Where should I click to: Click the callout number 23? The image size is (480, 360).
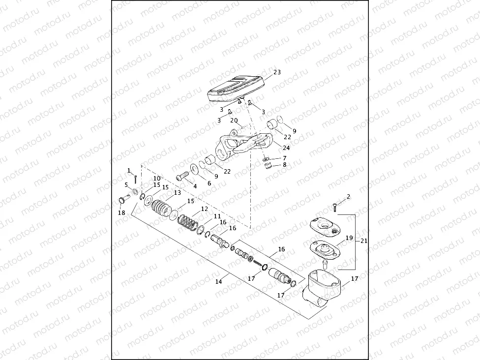coord(277,72)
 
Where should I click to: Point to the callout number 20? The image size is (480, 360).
coord(234,120)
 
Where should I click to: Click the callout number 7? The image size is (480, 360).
coord(284,157)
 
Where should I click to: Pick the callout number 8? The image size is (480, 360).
coord(284,165)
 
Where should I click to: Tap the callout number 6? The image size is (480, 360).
coord(209,182)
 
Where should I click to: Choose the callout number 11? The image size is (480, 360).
coord(217,216)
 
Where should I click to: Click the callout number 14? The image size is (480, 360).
coord(218,282)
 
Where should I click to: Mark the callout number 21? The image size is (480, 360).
coord(364,241)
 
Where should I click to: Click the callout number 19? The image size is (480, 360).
coord(349,238)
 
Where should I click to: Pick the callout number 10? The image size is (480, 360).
coord(157,179)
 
